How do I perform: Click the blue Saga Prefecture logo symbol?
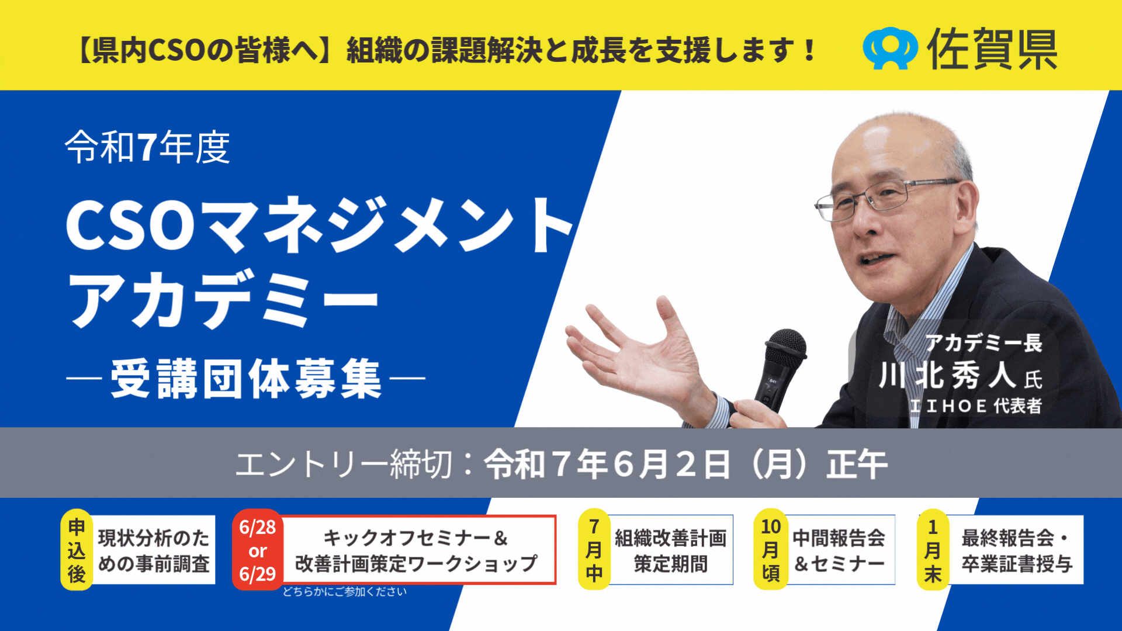click(x=890, y=48)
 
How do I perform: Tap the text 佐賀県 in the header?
click(x=992, y=49)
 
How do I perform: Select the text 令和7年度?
click(x=147, y=147)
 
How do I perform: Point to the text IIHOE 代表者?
click(x=976, y=405)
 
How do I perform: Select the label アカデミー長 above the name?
click(x=984, y=343)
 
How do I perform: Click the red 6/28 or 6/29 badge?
click(x=258, y=550)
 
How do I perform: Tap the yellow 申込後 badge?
click(x=77, y=550)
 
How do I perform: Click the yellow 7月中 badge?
click(x=594, y=550)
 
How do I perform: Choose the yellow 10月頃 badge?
click(x=771, y=550)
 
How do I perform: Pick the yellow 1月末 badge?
click(x=933, y=550)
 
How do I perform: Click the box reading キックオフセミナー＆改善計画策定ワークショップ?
click(x=417, y=550)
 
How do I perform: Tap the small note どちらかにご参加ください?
click(x=345, y=592)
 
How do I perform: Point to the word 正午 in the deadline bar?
click(x=857, y=464)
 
